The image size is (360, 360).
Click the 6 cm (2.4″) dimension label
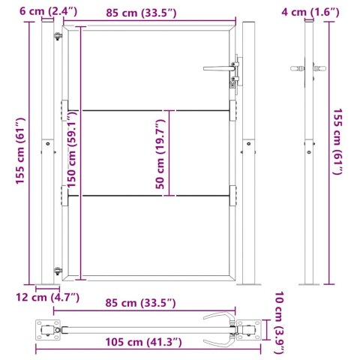49,11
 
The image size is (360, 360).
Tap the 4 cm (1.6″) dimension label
310,12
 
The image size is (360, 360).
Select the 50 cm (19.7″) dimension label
160,154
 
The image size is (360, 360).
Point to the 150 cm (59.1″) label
71,149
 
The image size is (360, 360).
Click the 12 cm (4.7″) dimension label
48,298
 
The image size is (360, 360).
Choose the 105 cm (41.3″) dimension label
143,342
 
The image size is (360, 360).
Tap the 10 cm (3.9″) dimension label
280,322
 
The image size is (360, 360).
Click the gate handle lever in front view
219,68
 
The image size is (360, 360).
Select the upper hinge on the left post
58,36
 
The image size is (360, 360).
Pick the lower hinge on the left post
58,271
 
